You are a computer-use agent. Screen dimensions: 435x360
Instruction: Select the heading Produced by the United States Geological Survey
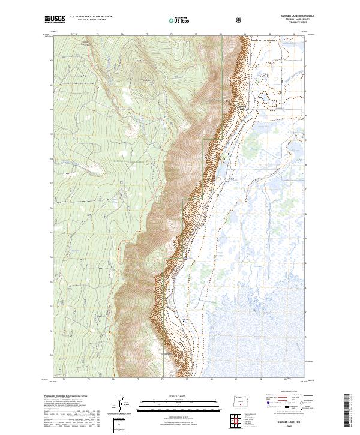coord(70,396)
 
